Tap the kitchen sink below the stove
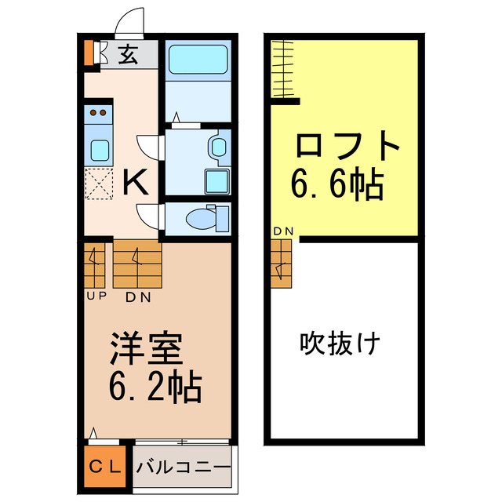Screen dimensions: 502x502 tap(100, 148)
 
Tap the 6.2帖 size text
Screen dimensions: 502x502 tap(155, 386)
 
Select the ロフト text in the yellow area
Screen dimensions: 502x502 tap(347, 147)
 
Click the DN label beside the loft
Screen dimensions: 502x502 tap(283, 231)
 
